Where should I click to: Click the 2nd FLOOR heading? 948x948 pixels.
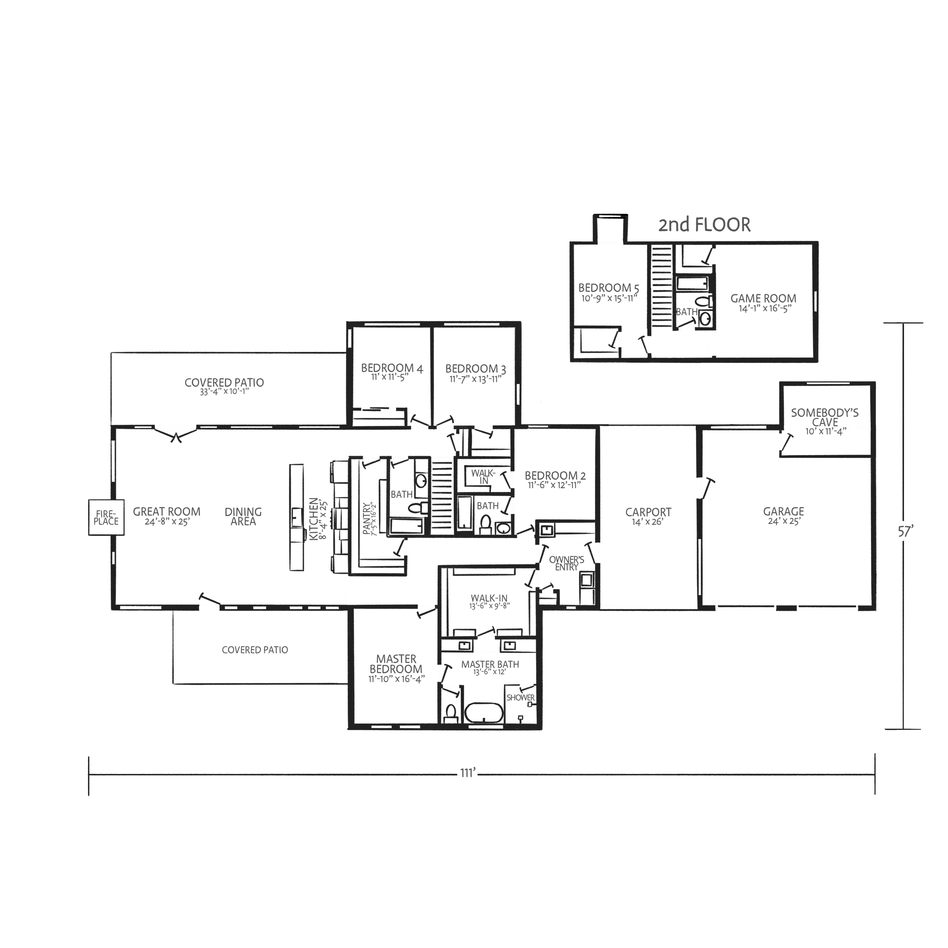point(704,225)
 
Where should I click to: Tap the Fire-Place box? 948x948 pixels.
point(106,517)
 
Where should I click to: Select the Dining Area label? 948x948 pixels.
point(243,516)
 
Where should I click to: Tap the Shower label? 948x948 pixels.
point(521,697)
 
